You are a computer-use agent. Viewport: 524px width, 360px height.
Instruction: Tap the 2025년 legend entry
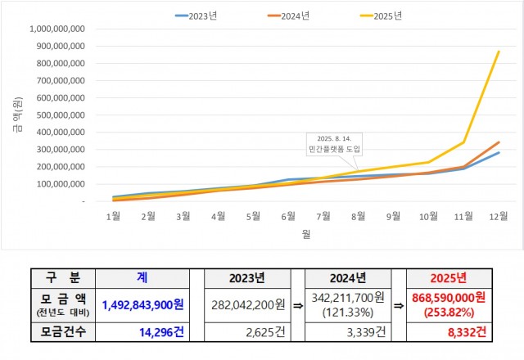(384, 15)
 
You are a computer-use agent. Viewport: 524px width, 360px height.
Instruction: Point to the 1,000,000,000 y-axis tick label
(57, 29)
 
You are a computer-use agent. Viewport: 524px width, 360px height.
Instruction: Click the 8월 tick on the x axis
(358, 216)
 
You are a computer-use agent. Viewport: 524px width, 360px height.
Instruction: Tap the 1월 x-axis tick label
(114, 216)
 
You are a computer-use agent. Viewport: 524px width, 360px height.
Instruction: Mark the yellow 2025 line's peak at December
(499, 52)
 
